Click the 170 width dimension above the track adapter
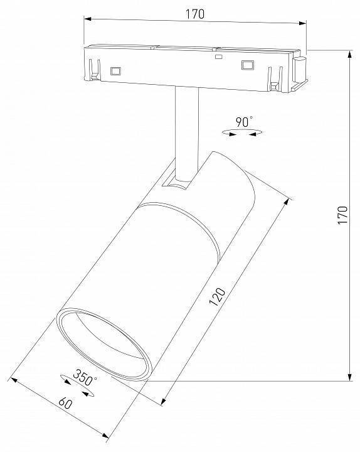click(x=195, y=14)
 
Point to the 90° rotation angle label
click(x=244, y=121)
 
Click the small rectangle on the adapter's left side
click(x=115, y=72)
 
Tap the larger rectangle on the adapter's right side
click(x=248, y=65)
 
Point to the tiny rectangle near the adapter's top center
click(x=218, y=56)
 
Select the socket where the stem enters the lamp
click(x=175, y=183)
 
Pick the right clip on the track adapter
click(x=273, y=77)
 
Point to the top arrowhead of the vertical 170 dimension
click(x=349, y=55)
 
